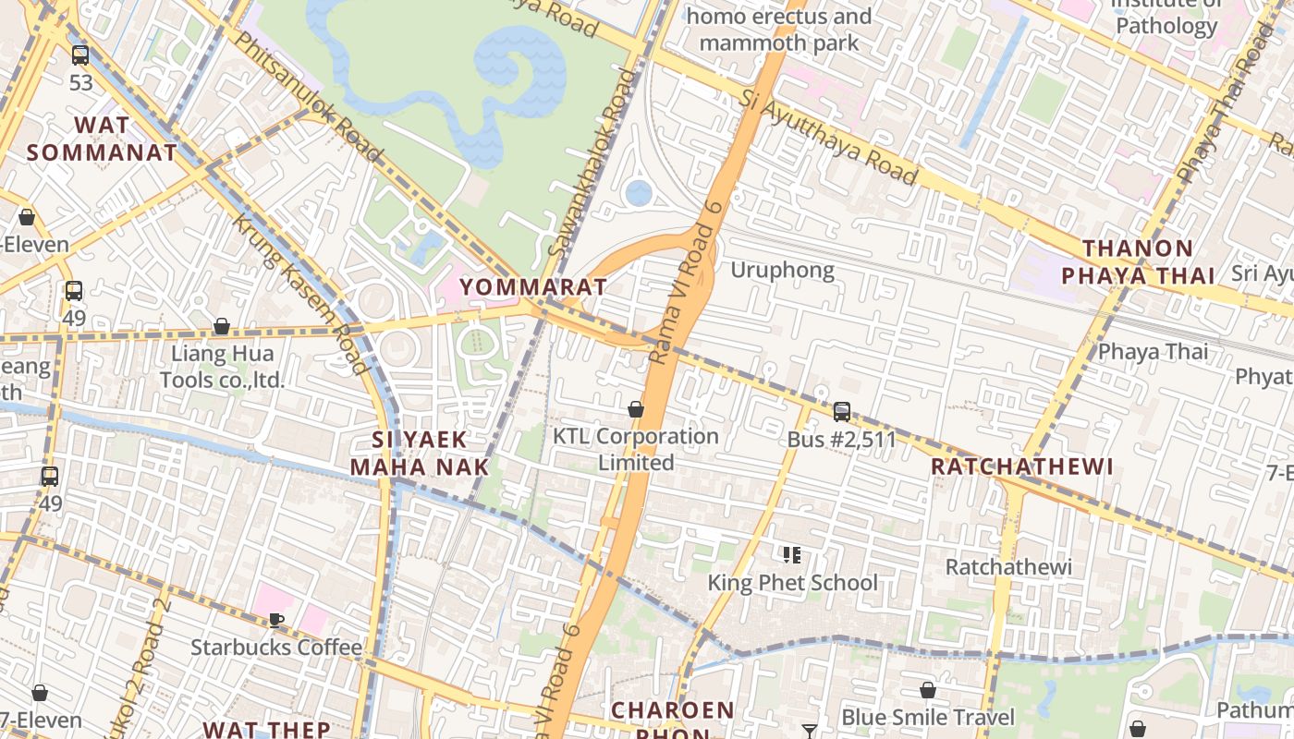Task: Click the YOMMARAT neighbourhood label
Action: pos(533,286)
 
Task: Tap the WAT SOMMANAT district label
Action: pos(102,139)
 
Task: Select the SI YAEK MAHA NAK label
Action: pos(419,453)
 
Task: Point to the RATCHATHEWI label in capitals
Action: pos(1021,466)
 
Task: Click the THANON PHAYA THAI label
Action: pos(1138,261)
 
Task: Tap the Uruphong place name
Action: pos(782,270)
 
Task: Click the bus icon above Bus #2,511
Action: pos(841,412)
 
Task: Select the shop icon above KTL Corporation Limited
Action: pos(636,409)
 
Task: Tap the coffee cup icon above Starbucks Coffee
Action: pos(275,620)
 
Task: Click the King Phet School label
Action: pos(792,583)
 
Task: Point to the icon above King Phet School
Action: pos(791,555)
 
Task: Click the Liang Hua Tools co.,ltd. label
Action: pos(222,367)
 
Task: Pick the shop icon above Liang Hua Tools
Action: pos(222,326)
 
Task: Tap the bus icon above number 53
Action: pos(80,55)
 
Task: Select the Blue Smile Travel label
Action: pos(927,717)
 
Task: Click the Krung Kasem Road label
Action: pos(299,294)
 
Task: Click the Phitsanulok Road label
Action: pos(308,95)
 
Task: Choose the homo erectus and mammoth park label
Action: pos(779,30)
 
